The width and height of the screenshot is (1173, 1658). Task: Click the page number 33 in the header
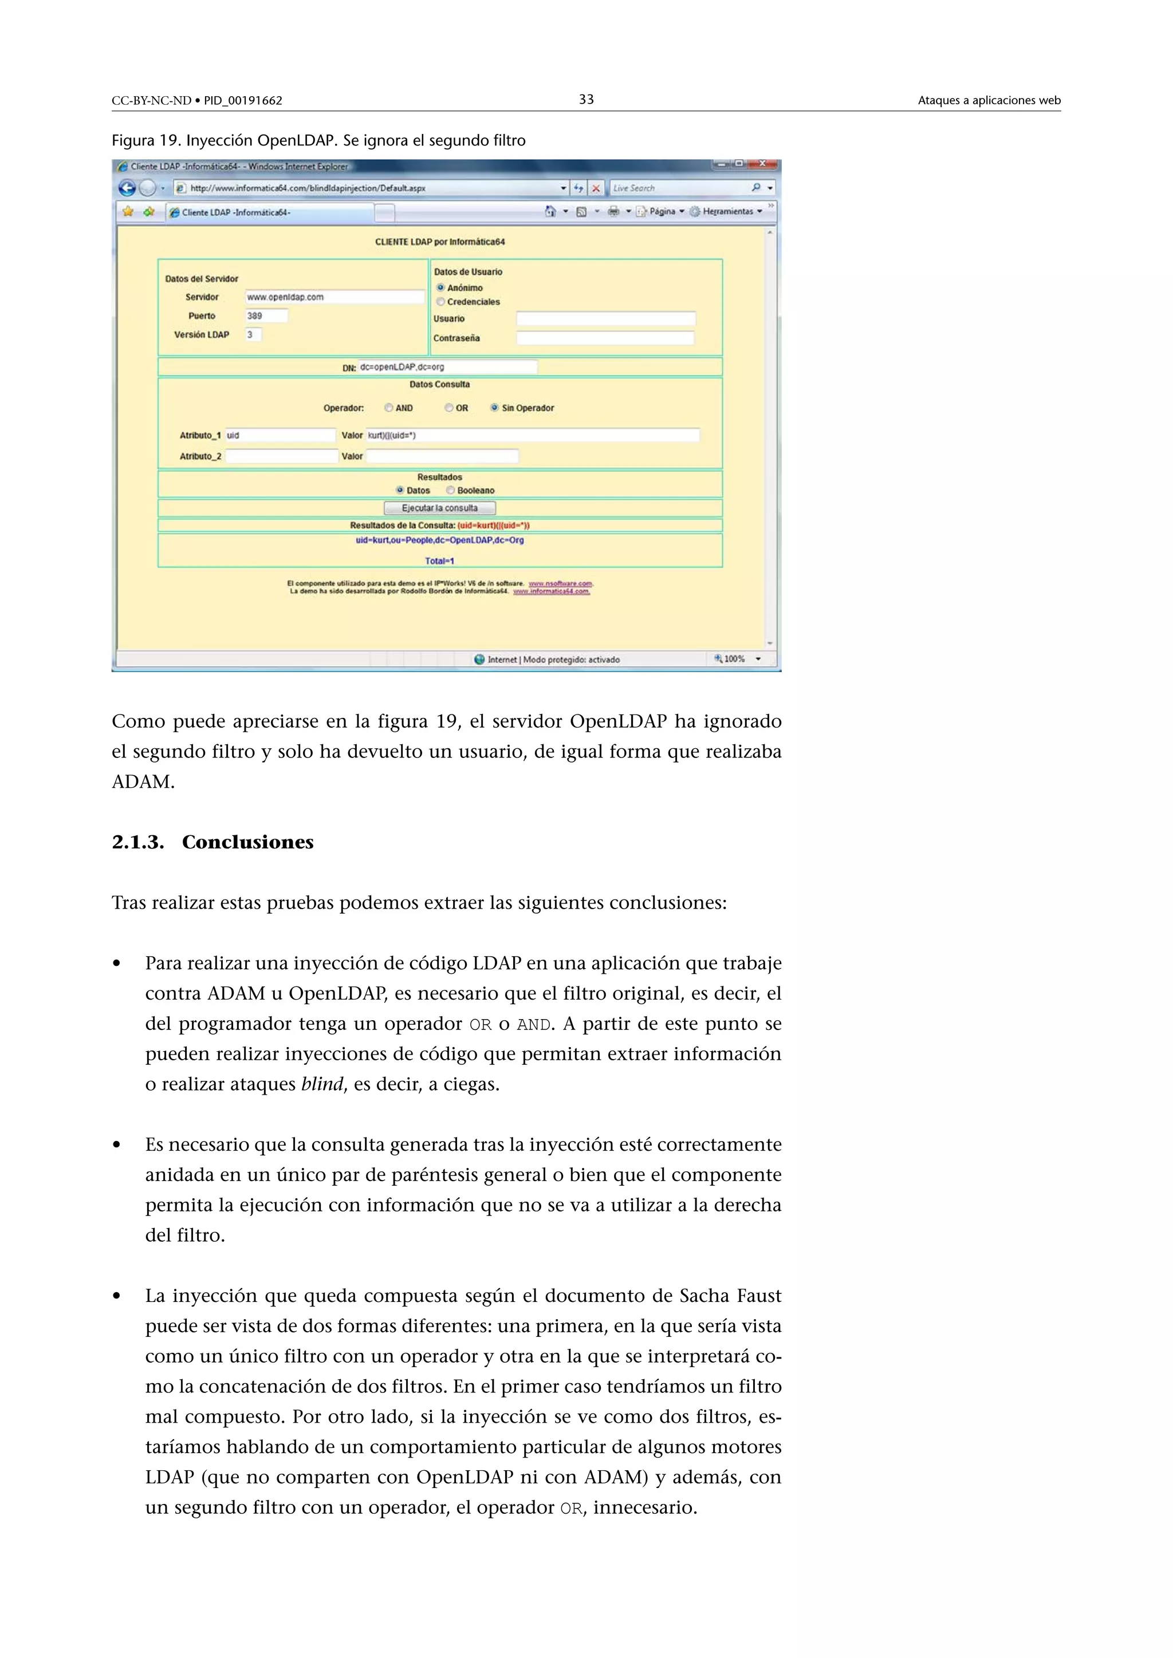point(586,100)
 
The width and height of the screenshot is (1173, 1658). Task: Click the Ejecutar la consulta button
point(439,508)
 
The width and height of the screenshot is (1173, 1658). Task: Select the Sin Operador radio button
point(495,408)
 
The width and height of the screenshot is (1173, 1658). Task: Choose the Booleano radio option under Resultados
point(451,490)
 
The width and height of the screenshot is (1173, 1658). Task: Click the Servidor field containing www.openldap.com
point(334,297)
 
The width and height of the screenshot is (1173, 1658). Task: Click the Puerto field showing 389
point(266,315)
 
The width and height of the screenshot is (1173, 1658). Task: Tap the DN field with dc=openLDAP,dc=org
point(447,367)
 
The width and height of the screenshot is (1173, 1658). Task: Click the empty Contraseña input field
point(605,338)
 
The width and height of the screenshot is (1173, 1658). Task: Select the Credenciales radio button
point(440,302)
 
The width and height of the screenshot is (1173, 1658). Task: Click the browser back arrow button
point(127,188)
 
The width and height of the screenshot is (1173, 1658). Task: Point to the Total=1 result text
point(439,561)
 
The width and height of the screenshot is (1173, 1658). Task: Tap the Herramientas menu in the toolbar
point(727,212)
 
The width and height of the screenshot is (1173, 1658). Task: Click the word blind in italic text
point(322,1084)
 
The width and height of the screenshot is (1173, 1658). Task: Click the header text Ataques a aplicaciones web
point(988,100)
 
